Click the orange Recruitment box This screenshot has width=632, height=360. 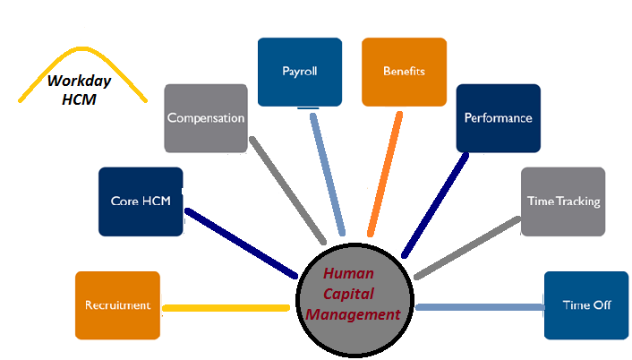click(118, 305)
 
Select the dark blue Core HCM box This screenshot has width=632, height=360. click(141, 201)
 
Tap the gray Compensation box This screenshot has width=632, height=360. click(206, 118)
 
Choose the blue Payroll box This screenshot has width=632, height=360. click(299, 72)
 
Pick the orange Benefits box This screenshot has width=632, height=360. click(404, 72)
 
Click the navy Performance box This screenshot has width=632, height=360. click(498, 118)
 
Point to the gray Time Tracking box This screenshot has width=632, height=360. click(562, 201)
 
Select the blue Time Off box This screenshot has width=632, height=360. click(585, 305)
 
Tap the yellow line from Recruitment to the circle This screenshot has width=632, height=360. click(226, 307)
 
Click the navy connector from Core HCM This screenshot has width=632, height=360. click(240, 243)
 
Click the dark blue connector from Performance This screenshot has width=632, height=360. click(436, 202)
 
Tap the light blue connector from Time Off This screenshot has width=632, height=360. click(479, 307)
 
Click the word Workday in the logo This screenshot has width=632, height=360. click(77, 81)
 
